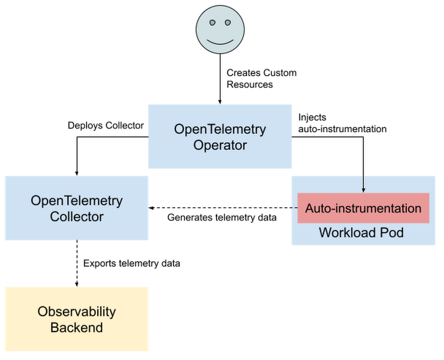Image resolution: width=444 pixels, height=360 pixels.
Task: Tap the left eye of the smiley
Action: click(213, 22)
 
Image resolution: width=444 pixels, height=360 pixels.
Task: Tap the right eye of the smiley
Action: click(228, 22)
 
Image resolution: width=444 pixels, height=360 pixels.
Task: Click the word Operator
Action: click(220, 145)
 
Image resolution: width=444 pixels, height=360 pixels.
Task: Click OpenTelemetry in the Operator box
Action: click(220, 129)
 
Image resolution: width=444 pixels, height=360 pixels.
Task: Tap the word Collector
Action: click(76, 217)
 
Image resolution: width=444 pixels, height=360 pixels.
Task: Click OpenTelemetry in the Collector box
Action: click(76, 201)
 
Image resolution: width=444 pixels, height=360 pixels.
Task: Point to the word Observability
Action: click(76, 311)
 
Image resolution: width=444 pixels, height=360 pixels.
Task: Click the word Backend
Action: click(76, 328)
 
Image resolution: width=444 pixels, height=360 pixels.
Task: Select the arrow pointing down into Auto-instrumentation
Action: click(363, 184)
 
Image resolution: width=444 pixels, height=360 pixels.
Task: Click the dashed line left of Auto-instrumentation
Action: click(293, 208)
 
